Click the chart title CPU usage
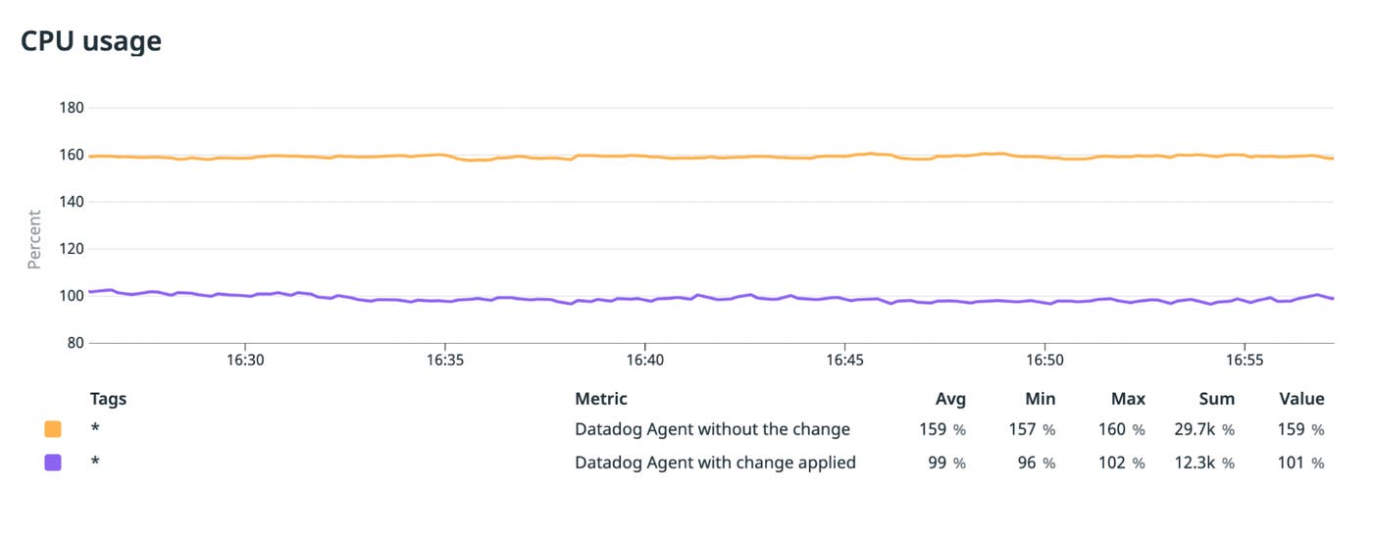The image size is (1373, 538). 91,41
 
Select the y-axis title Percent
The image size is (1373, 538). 34,239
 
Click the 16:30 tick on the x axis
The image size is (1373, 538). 244,361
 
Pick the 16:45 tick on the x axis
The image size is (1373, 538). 844,361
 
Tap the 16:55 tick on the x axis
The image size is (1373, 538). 1244,361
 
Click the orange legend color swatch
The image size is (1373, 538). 53,429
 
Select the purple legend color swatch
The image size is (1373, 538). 53,463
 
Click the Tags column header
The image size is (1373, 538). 108,399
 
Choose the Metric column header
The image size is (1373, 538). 600,399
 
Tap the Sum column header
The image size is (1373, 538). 1216,399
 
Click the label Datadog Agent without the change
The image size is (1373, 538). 712,429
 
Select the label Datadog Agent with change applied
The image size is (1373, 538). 715,463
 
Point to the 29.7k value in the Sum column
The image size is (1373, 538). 1196,429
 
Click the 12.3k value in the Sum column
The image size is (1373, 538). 1196,463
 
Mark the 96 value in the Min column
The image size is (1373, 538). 1027,463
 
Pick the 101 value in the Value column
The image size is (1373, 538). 1293,463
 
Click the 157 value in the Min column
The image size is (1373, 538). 1022,429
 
